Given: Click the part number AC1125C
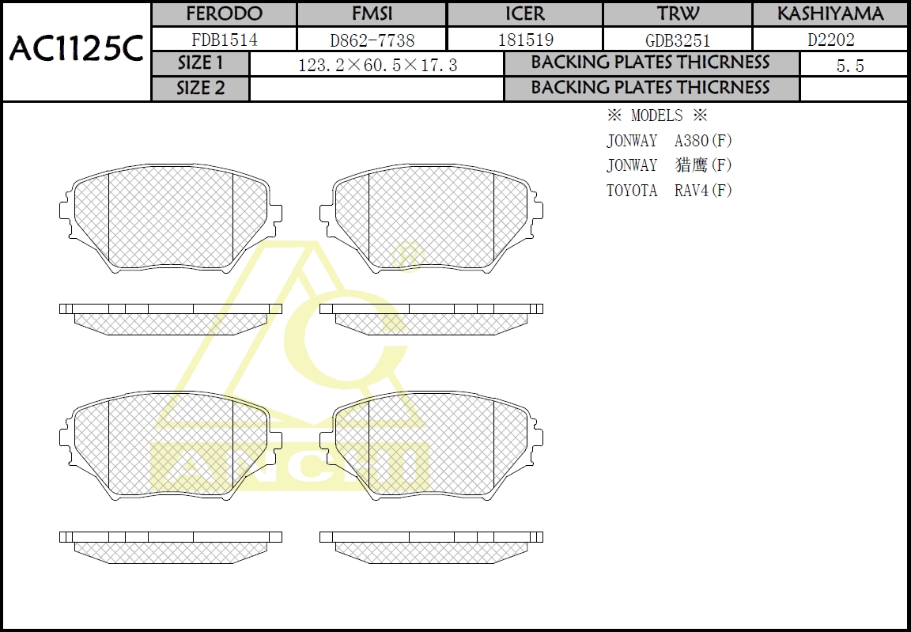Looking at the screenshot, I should pyautogui.click(x=76, y=51).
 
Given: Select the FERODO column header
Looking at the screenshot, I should pyautogui.click(x=224, y=14).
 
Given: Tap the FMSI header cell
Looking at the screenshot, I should pyautogui.click(x=372, y=14).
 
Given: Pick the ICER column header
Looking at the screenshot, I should pyautogui.click(x=525, y=14).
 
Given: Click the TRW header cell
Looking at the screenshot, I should pyautogui.click(x=678, y=14).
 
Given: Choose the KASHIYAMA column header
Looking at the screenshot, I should pyautogui.click(x=830, y=14).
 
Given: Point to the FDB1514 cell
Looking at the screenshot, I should pyautogui.click(x=225, y=40).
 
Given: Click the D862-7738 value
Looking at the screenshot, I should pyautogui.click(x=372, y=40).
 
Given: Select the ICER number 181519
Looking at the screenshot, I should pyautogui.click(x=525, y=40).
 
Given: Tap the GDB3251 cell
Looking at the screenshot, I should pyautogui.click(x=678, y=40).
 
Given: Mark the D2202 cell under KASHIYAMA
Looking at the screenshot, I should pyautogui.click(x=830, y=40).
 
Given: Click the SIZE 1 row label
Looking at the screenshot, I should pyautogui.click(x=201, y=63).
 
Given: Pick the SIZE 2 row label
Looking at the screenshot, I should pyautogui.click(x=201, y=89).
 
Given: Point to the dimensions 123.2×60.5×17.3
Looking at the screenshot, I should pyautogui.click(x=377, y=65).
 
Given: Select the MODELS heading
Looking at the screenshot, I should pyautogui.click(x=656, y=115).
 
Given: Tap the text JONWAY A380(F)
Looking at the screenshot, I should pyautogui.click(x=669, y=141).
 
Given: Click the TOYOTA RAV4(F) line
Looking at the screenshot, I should pyautogui.click(x=669, y=191).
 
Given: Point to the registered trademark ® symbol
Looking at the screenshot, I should pyautogui.click(x=409, y=255).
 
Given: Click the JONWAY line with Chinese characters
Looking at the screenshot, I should pyautogui.click(x=669, y=165).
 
